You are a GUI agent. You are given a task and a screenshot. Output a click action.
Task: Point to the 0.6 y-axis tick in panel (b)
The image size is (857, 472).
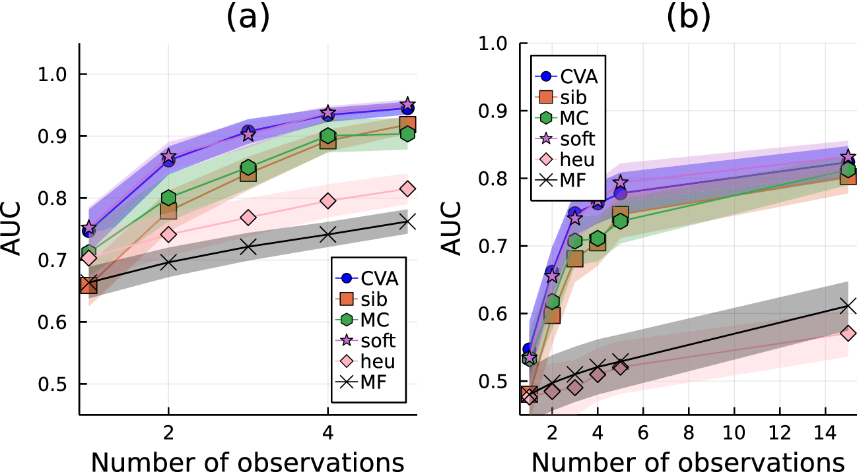click(497, 314)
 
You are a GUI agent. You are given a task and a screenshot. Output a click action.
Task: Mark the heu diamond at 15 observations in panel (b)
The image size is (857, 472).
click(848, 334)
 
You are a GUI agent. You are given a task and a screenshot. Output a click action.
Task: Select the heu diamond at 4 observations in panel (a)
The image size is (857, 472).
click(328, 200)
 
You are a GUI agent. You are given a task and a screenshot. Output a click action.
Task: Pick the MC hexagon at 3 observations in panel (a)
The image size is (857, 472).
click(248, 167)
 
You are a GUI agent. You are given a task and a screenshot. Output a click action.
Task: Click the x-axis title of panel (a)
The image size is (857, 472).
click(248, 461)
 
